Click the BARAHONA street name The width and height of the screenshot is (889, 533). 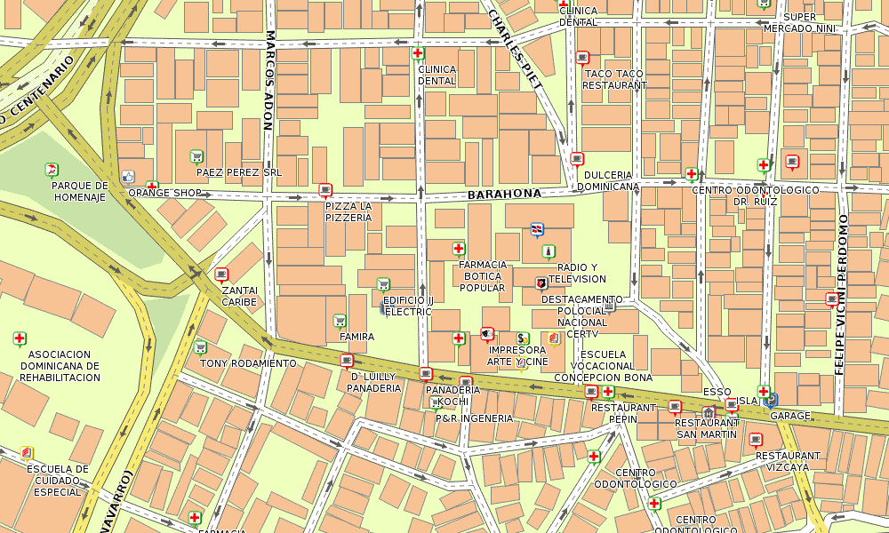coord(504,194)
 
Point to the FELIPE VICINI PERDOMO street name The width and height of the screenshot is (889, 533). coord(841,294)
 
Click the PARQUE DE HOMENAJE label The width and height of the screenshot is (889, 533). coord(79,191)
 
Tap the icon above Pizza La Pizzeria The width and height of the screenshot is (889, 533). coord(324,189)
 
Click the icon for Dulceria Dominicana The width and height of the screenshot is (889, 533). coord(577,159)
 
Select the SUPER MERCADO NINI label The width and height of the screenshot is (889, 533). coord(800,22)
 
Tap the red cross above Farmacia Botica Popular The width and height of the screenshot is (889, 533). coord(459,249)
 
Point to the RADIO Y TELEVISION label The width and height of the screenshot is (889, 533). coord(576,273)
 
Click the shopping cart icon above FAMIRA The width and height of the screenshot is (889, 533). coord(339,321)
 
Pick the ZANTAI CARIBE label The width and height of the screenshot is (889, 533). coord(239,296)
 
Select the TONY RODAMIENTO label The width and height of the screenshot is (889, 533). coord(248,363)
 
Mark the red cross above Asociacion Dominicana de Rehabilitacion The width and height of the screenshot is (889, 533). coord(20,338)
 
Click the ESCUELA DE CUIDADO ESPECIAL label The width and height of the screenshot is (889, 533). coord(57,481)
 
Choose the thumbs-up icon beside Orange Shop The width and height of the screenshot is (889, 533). coord(127,177)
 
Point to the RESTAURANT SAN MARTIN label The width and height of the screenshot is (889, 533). coord(707,428)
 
